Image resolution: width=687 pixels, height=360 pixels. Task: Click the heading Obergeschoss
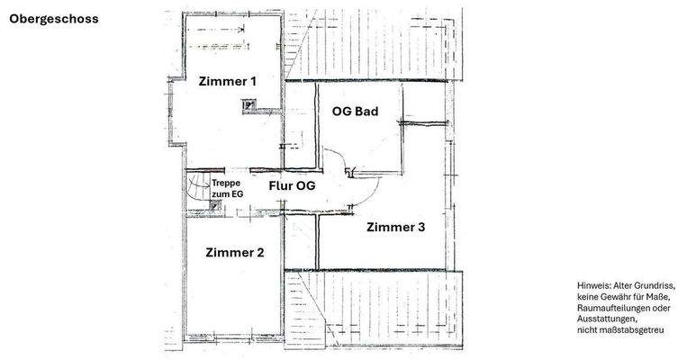[x=54, y=18]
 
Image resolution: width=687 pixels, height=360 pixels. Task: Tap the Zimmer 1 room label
[x=227, y=81]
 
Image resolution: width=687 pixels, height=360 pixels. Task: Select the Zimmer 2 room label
[x=234, y=252]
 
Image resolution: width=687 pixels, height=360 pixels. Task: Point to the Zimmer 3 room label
[x=395, y=228]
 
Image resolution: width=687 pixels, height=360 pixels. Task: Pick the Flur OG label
[x=292, y=186]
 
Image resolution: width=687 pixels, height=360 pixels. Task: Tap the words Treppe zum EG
[x=227, y=188]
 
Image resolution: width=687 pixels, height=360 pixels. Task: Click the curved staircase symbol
[x=199, y=189]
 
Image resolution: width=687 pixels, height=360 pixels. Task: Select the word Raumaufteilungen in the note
[x=620, y=308]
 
